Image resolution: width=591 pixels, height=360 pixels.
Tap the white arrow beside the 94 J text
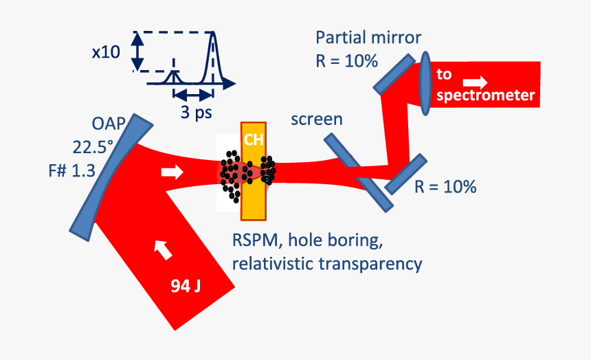point(164,250)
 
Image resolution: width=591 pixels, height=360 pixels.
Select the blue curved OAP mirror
point(110,177)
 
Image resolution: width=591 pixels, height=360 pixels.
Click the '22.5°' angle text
point(96,147)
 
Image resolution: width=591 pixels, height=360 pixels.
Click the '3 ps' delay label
point(196,113)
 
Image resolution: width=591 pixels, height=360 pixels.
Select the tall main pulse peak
point(214,58)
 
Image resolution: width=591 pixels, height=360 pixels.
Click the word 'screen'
point(316,119)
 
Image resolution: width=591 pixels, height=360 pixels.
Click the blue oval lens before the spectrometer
point(425,80)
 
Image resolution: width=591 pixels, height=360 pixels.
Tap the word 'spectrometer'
point(485,95)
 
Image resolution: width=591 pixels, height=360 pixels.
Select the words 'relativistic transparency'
point(327,263)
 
